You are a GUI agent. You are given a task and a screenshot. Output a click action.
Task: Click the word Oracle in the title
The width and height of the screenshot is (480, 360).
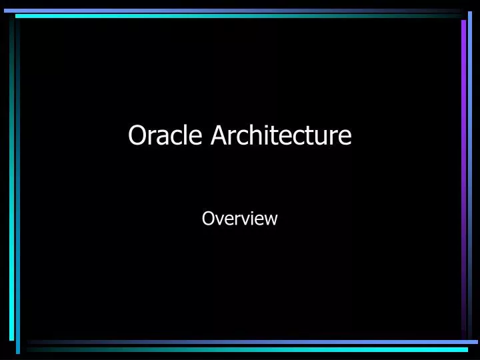167,135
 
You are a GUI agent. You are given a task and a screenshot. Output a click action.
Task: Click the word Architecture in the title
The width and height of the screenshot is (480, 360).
281,135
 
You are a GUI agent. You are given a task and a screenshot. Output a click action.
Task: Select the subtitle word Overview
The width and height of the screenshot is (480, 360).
239,218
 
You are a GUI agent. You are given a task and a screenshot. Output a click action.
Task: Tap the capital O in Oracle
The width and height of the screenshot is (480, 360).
137,135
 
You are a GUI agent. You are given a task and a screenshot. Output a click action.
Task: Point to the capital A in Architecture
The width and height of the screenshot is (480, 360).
219,135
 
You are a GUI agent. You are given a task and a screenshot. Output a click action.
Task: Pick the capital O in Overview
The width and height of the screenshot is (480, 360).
207,218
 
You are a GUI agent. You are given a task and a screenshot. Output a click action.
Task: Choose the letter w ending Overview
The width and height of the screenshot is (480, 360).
271,219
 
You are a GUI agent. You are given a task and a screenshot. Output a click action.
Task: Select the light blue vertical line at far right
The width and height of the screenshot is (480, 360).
470,173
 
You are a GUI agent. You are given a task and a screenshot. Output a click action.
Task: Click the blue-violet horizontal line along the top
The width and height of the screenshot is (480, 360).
233,11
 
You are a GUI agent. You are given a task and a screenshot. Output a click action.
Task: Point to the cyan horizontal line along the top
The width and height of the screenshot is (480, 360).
233,15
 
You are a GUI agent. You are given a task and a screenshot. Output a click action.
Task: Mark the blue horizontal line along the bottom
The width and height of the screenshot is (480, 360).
253,342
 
